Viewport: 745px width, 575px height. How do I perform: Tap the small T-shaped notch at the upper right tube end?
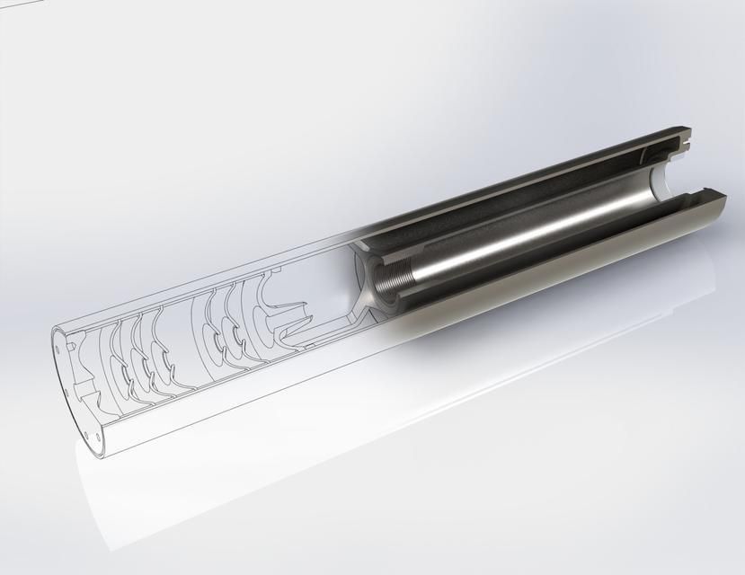click(687, 138)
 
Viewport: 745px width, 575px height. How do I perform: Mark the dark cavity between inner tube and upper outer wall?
click(503, 193)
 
